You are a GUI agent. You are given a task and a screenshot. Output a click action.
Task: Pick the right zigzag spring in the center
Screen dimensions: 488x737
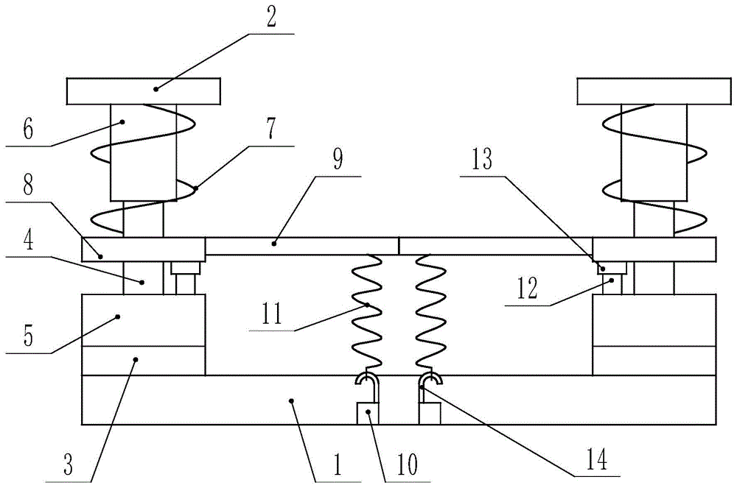430,313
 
